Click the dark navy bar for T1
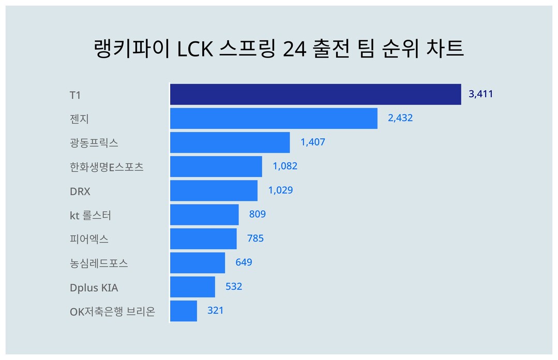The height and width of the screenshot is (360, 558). [315, 94]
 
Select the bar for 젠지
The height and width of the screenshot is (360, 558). [274, 118]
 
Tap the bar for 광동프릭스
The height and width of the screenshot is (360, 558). [230, 142]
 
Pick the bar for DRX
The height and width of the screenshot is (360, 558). [214, 190]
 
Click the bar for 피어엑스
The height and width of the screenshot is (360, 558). [203, 238]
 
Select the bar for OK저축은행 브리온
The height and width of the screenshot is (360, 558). [184, 311]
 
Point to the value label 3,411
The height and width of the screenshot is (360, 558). [480, 94]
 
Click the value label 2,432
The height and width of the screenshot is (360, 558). [400, 118]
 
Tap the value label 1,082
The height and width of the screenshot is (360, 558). [285, 166]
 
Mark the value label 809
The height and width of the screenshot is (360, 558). [257, 214]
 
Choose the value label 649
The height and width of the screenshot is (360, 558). [244, 262]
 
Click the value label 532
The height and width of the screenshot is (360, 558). [234, 287]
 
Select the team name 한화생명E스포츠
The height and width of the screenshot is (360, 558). [107, 167]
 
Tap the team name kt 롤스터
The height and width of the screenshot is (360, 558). [91, 215]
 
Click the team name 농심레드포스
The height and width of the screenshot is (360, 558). [99, 263]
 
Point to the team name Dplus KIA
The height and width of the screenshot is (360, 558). [94, 287]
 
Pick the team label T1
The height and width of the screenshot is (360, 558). [76, 95]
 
